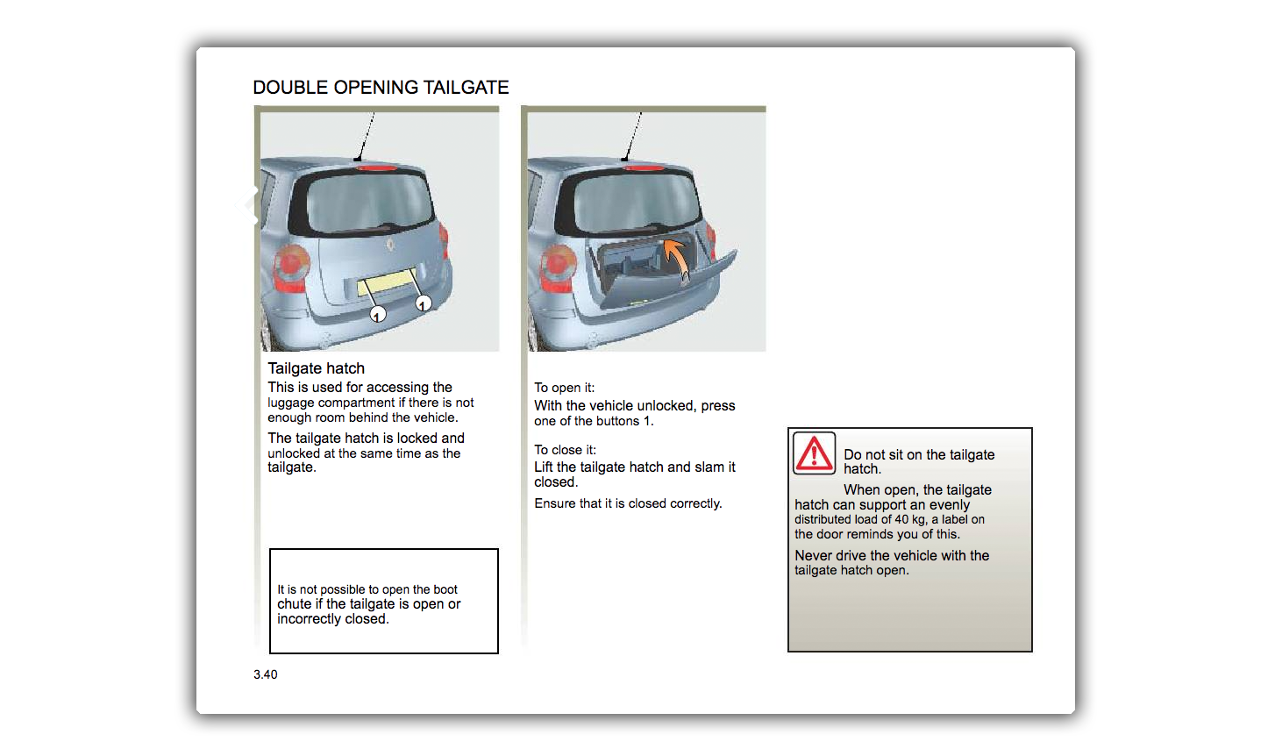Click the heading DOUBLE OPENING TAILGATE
381,88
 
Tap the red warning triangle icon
814,453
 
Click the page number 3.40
265,674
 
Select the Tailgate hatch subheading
316,368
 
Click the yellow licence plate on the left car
385,283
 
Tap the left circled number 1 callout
377,314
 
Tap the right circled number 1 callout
424,303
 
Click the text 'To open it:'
564,388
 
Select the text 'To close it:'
565,450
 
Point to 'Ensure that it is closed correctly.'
628,503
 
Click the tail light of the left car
291,267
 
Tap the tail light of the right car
558,267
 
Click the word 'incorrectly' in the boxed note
310,619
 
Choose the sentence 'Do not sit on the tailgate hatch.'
918,461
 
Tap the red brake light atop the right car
643,167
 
